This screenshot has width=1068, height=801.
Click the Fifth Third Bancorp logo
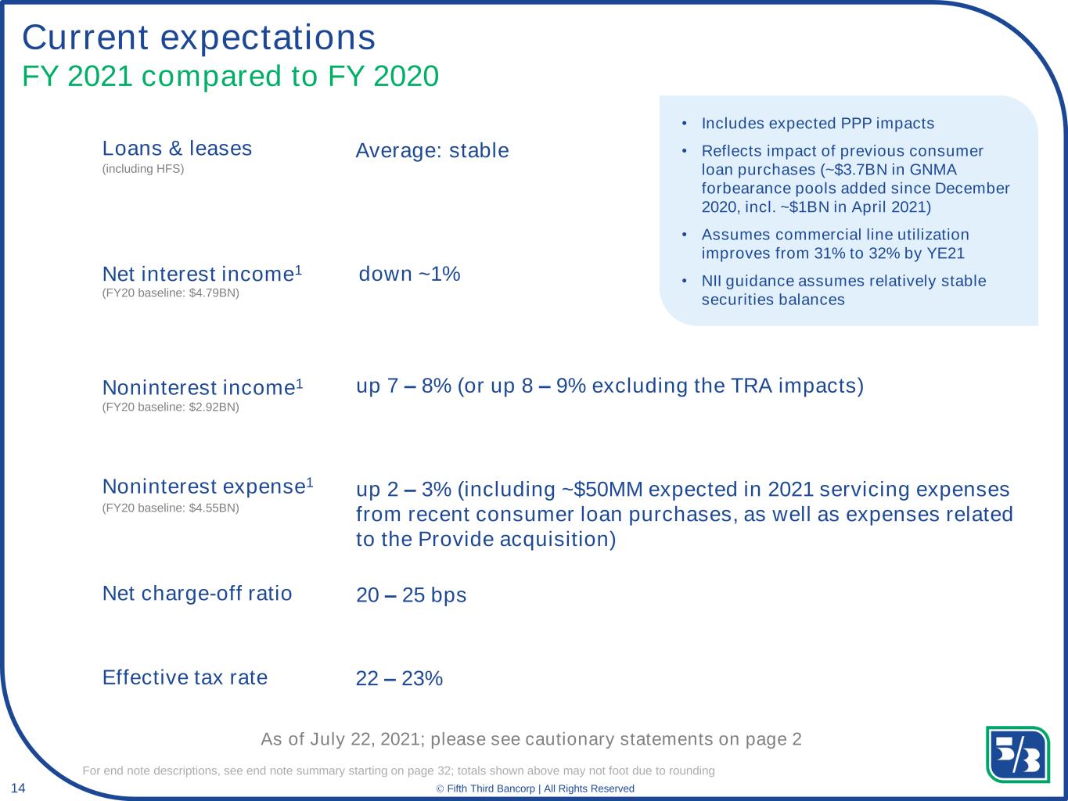coord(1017,754)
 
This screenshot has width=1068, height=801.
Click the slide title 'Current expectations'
coord(199,37)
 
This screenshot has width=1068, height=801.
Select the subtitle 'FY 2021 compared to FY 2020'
coord(230,77)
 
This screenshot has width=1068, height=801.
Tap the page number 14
coord(18,787)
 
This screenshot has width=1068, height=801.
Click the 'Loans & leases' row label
coord(177,149)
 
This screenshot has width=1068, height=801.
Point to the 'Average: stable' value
coord(432,150)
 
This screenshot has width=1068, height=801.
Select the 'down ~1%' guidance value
coord(409,274)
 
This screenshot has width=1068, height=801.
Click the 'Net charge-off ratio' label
coord(197,593)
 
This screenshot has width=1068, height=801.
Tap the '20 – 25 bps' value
coord(411,595)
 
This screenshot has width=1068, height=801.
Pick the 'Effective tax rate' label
coord(185,677)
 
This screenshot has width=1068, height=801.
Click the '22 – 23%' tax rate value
coord(399,678)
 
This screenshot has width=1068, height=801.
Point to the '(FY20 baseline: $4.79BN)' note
coord(171,293)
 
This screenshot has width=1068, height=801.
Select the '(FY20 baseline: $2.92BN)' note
coord(171,407)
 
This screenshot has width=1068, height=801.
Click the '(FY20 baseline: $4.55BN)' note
coord(171,508)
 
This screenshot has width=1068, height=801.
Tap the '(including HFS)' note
coord(143,169)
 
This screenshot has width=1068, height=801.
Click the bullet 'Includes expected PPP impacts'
coord(818,124)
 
